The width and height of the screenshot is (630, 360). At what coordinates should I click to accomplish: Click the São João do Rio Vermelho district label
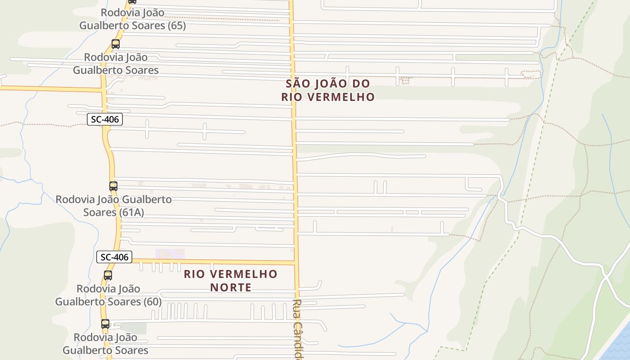(328, 90)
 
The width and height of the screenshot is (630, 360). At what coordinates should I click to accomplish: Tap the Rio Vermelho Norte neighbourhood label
(230, 280)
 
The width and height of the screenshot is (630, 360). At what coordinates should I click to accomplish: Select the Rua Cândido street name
(297, 328)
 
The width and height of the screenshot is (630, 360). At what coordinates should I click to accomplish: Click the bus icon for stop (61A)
(113, 186)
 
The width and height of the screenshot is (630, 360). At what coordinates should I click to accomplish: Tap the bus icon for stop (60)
(108, 275)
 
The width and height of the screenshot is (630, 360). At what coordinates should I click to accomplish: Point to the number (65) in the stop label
(176, 26)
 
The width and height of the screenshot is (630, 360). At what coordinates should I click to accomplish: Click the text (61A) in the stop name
(132, 212)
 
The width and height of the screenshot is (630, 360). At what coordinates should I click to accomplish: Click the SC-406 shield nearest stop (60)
(114, 257)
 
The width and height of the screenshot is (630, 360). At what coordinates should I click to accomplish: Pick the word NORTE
(230, 287)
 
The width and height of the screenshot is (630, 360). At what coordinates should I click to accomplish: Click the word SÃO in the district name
(298, 84)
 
